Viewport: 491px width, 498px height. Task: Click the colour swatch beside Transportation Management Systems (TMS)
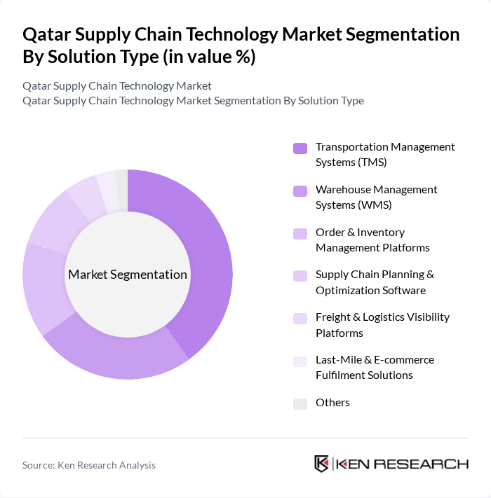coord(300,148)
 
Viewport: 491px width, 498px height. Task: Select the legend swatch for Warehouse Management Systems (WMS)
coord(300,191)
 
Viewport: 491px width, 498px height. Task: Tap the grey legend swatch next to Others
coord(300,403)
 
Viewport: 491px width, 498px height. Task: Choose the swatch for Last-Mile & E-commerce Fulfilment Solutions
coord(300,361)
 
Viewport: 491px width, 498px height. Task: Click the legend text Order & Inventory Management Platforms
coord(372,240)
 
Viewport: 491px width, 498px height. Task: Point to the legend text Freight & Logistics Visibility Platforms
coord(382,325)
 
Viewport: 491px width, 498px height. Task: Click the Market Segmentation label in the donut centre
coord(128,275)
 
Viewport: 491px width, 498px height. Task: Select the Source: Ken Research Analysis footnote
coord(89,465)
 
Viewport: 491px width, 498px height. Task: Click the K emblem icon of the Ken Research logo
coord(322,464)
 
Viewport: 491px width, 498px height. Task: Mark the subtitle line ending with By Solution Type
coord(193,100)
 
